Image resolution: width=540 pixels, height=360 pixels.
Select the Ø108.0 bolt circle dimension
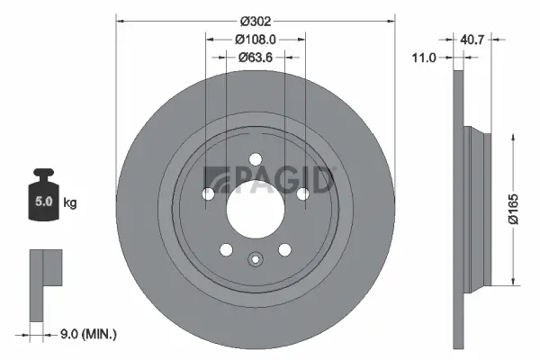(x=255, y=40)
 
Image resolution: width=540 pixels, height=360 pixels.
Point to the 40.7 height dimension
(x=473, y=40)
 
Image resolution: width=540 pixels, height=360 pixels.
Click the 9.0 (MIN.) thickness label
(x=86, y=334)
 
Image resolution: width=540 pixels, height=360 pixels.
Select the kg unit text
(x=70, y=202)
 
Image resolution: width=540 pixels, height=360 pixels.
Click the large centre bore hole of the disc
(x=255, y=211)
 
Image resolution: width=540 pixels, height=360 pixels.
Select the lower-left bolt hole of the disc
(x=226, y=250)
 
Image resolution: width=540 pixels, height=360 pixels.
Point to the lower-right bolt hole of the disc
(x=284, y=250)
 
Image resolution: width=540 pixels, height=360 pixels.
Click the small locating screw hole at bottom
(x=255, y=262)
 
